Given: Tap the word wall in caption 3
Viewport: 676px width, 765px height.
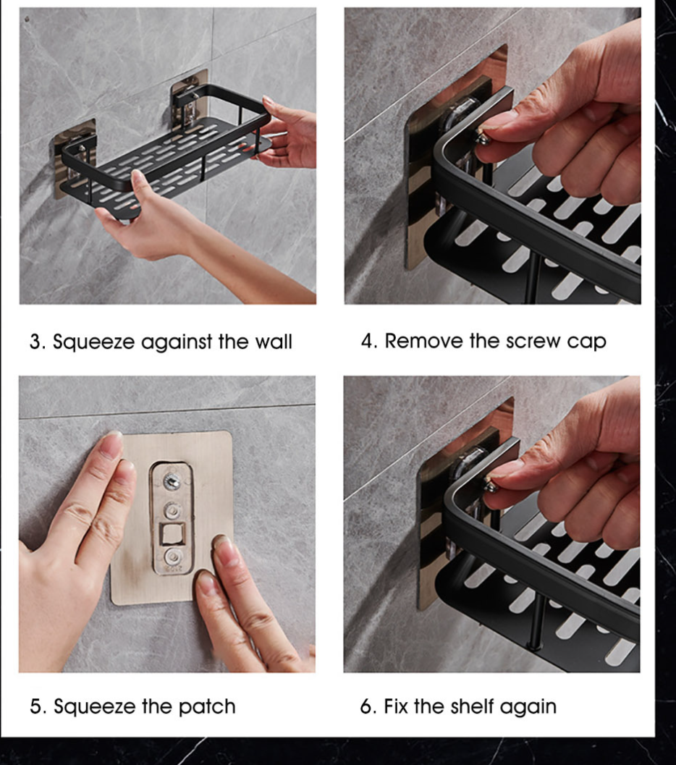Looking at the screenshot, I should point(274,342).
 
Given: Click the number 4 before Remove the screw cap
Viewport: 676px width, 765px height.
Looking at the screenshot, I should point(368,342).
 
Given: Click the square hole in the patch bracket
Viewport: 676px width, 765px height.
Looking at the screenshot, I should point(171,534).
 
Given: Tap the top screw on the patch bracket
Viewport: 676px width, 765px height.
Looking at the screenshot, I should point(172,480).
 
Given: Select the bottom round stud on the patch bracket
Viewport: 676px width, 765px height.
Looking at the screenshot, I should point(172,557).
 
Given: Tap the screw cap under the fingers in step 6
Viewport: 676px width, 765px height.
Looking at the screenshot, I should point(491,486).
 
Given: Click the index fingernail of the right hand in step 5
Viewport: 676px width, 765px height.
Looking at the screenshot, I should point(226,551).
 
